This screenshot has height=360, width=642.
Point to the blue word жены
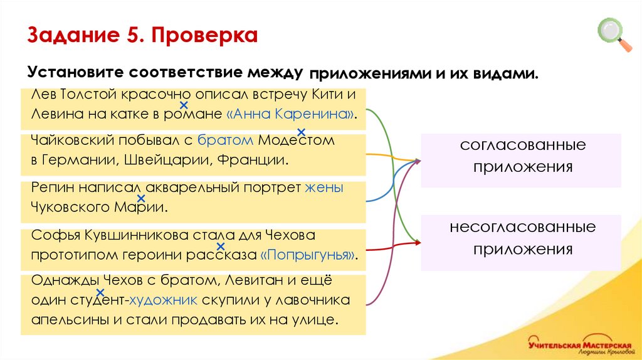click(324, 188)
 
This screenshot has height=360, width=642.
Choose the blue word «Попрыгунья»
click(310, 255)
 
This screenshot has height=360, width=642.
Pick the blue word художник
click(164, 300)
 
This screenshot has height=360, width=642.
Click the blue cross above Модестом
click(301, 132)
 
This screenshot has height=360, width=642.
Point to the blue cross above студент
click(100, 292)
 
